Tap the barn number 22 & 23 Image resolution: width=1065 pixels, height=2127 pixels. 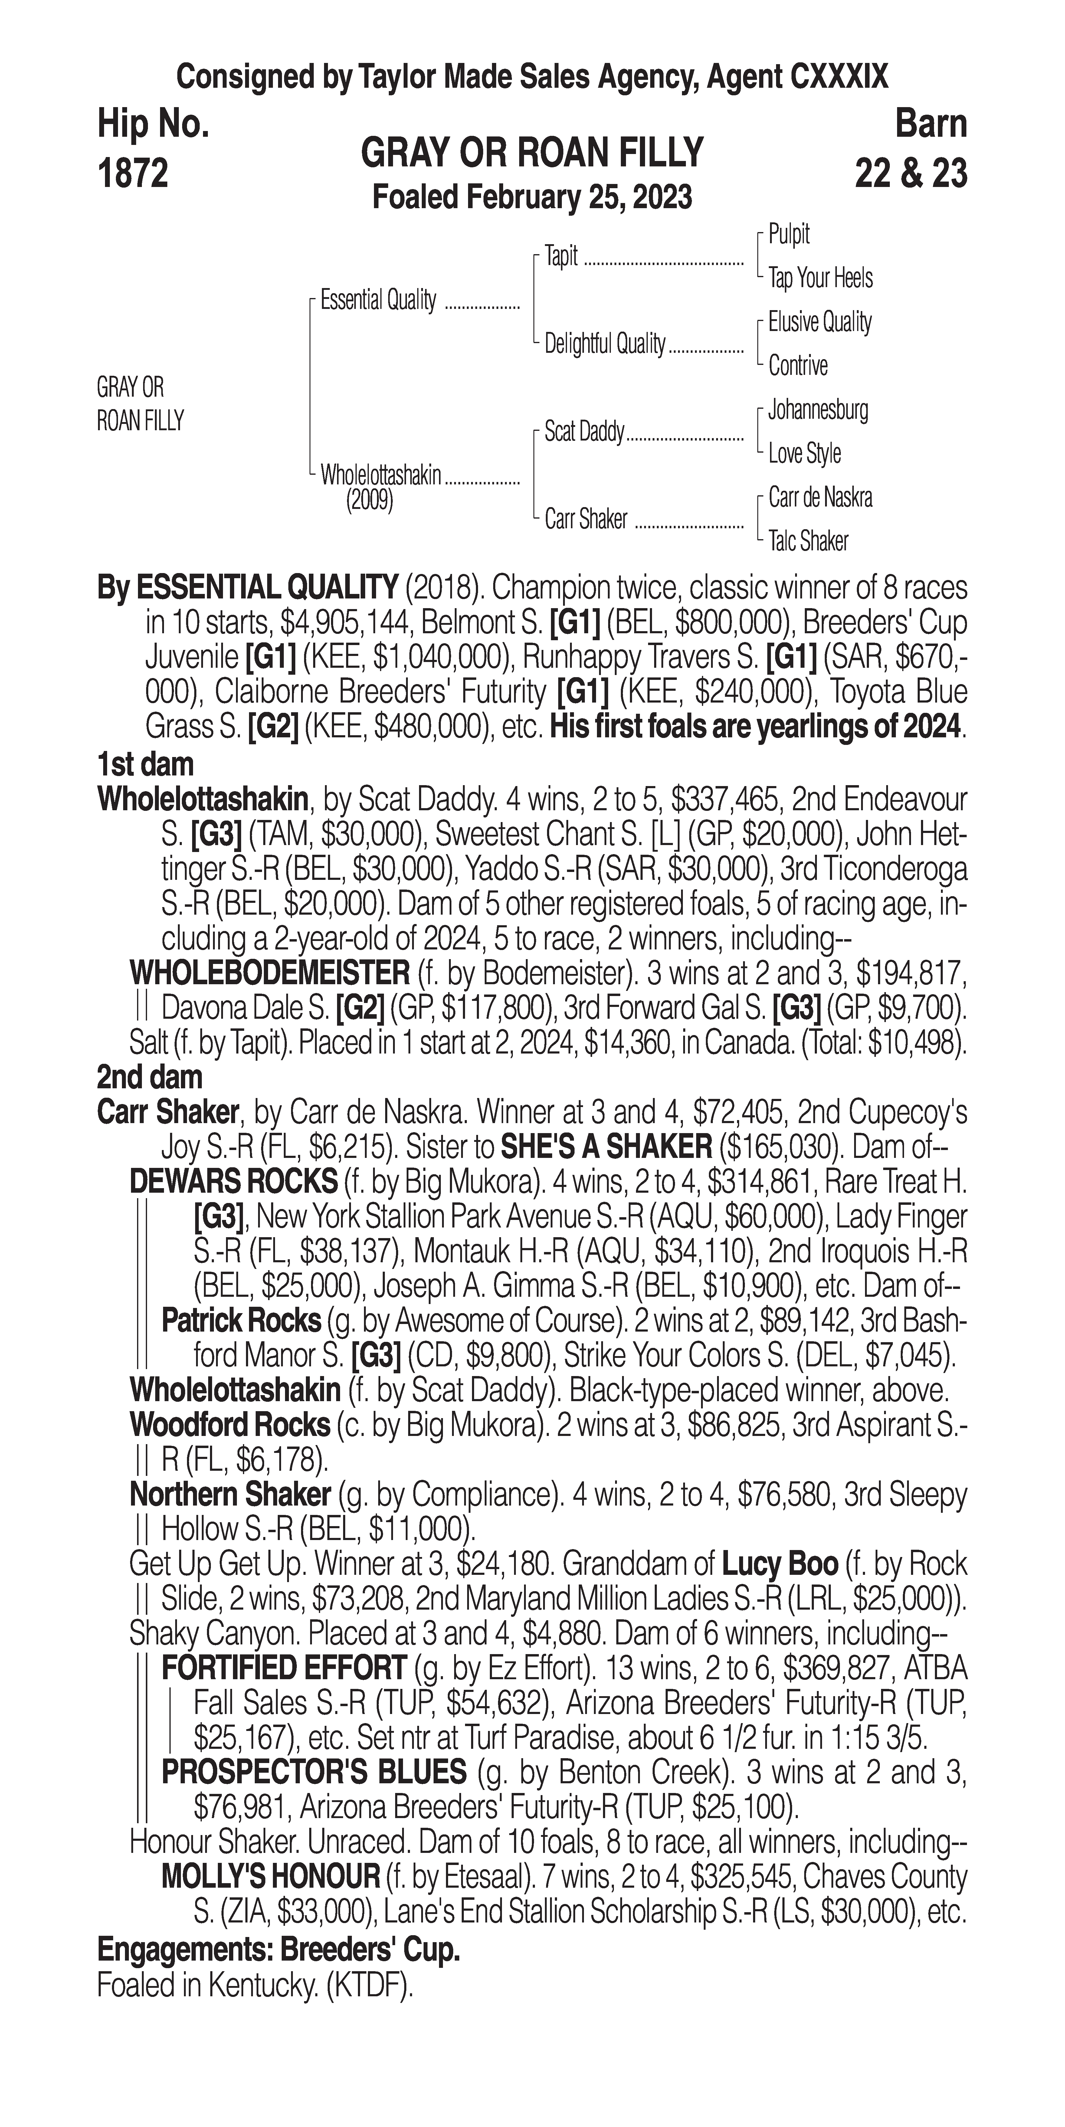point(911,173)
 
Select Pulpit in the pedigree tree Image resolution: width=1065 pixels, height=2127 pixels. point(788,234)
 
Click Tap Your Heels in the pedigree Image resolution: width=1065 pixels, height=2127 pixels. point(820,278)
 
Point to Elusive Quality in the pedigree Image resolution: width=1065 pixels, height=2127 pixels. point(819,322)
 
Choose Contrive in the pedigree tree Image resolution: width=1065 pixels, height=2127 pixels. point(798,366)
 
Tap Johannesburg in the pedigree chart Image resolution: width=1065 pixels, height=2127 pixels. point(817,410)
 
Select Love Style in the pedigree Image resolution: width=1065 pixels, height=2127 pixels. point(804,453)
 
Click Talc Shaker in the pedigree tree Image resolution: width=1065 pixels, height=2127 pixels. point(808,542)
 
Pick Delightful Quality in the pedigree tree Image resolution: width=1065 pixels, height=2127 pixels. point(604,343)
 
